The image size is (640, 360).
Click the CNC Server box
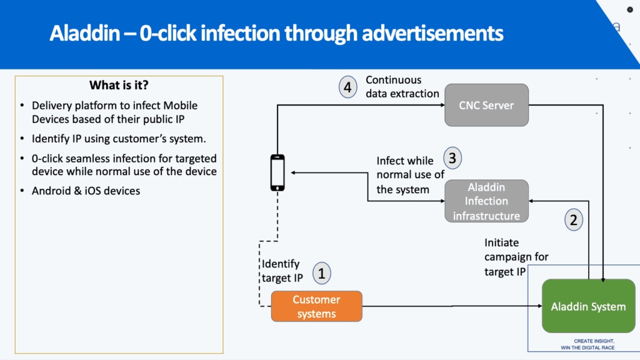click(x=487, y=105)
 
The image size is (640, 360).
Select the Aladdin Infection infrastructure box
click(x=487, y=201)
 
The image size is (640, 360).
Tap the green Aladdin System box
click(x=588, y=306)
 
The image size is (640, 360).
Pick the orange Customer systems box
click(x=316, y=306)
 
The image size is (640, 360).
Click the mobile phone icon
click(x=277, y=172)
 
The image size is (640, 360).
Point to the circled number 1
click(x=322, y=273)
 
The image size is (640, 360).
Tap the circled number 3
click(x=454, y=157)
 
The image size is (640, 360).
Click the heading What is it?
click(x=119, y=86)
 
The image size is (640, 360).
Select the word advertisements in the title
click(x=428, y=33)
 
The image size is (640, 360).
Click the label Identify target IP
click(x=281, y=271)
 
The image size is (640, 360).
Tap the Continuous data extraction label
click(x=402, y=87)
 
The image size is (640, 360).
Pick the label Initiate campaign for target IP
click(x=516, y=257)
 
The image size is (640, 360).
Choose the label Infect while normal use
click(x=410, y=175)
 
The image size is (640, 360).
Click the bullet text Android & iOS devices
click(x=86, y=191)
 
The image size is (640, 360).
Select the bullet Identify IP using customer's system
click(x=119, y=138)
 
